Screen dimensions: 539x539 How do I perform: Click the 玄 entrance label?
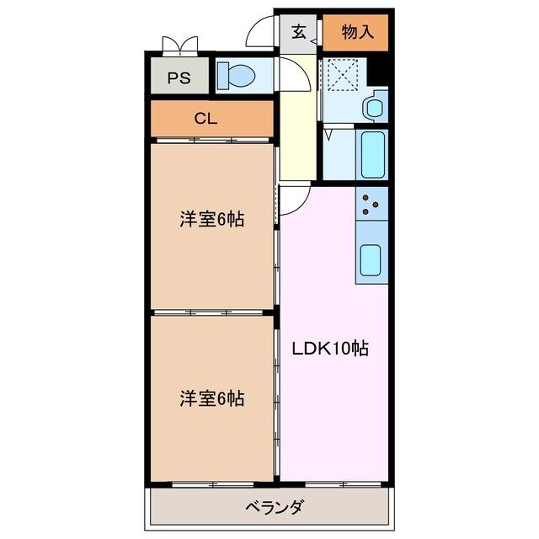tap(299, 33)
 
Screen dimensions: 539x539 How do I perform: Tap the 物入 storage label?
tap(357, 33)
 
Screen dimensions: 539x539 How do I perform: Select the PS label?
tap(178, 78)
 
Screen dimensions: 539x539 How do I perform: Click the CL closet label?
tap(205, 119)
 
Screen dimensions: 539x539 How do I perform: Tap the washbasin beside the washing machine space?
tap(372, 108)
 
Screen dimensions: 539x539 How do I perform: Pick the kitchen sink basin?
tap(371, 260)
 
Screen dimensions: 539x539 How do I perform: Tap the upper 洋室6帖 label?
tap(211, 220)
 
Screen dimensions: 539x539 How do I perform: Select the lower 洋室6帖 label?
tap(211, 398)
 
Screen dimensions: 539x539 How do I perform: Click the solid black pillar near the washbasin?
tap(379, 71)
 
